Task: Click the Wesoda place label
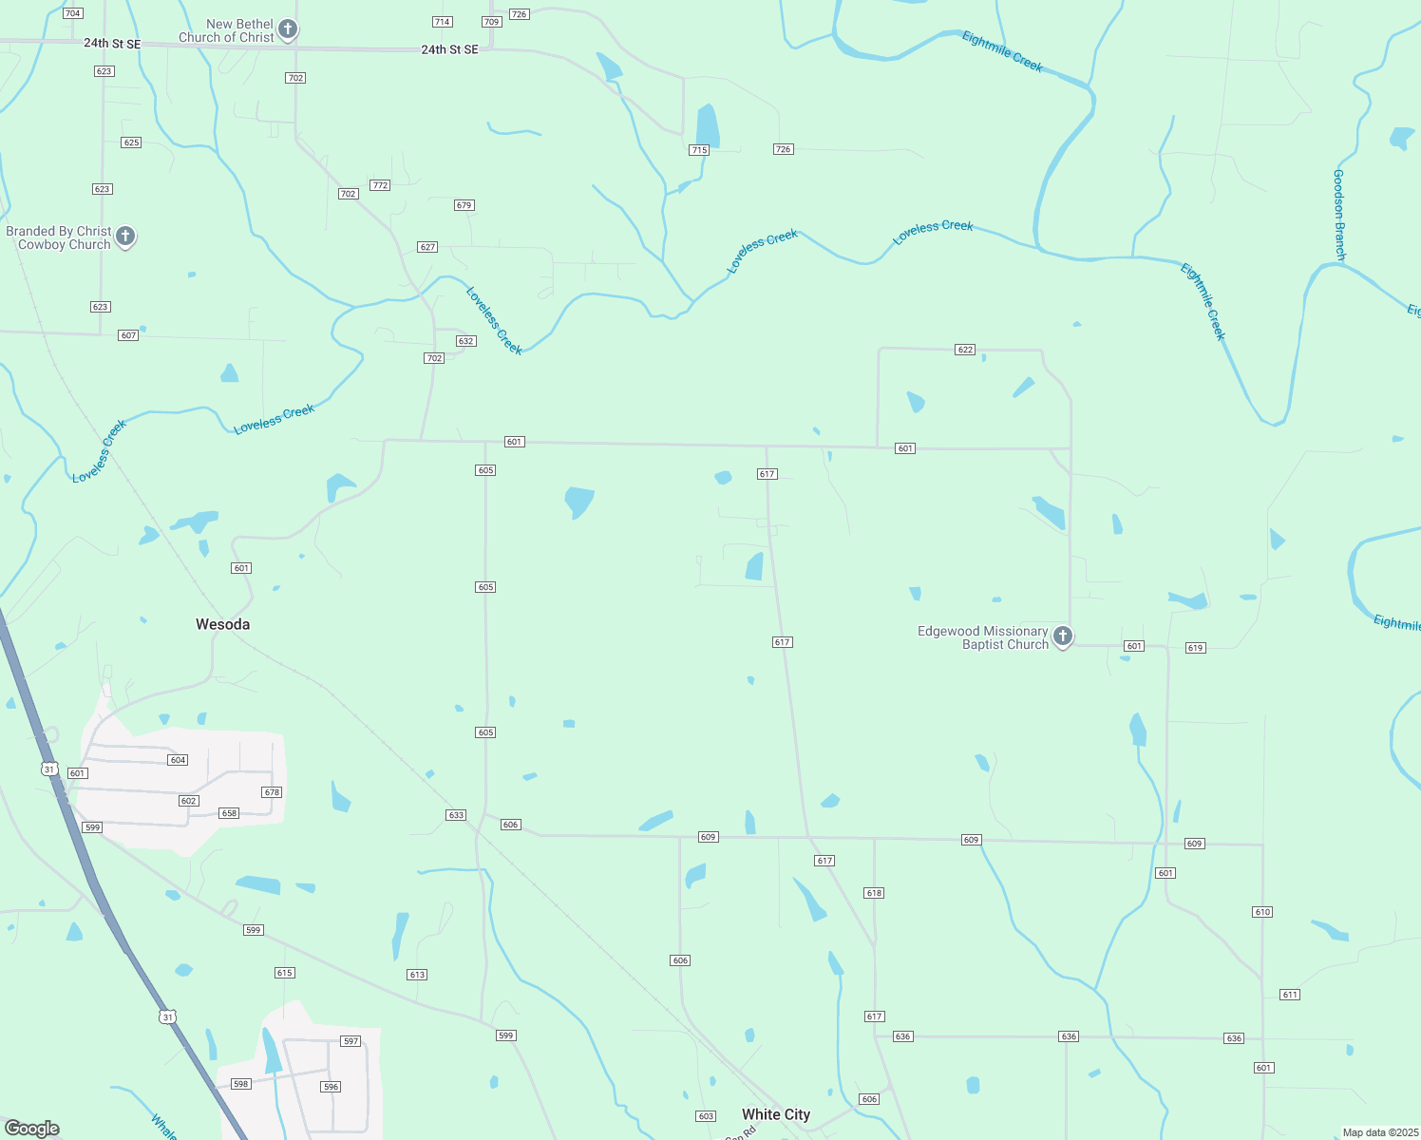point(222,624)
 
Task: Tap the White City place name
point(776,1114)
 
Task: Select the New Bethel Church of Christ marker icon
point(288,29)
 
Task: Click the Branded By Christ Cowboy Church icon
point(124,237)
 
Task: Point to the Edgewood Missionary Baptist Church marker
point(1063,636)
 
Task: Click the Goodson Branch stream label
point(1339,215)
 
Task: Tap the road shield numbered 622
point(965,350)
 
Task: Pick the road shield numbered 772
point(380,185)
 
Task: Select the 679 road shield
point(464,205)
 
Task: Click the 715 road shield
point(699,150)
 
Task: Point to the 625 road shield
point(131,142)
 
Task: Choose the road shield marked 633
point(456,815)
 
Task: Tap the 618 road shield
point(874,893)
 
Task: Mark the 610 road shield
point(1261,912)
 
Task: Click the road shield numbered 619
point(1195,648)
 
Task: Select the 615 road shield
point(284,973)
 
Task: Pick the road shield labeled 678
point(272,792)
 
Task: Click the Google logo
point(32,1129)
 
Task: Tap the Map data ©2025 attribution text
point(1379,1132)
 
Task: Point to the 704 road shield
point(72,13)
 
